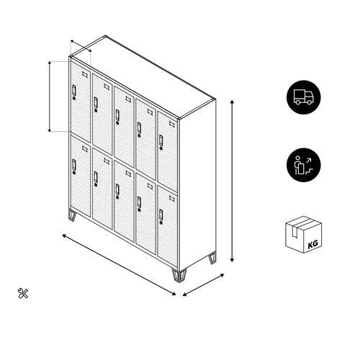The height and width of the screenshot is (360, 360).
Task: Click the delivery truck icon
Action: pos(304,97)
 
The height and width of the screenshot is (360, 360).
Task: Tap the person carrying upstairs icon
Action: pos(304,165)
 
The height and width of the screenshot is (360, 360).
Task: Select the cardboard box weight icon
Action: pos(304,235)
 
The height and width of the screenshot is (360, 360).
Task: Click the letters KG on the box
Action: pos(312,244)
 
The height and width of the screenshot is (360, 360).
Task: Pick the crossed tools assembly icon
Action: pos(23,293)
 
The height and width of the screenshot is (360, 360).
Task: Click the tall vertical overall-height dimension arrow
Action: pos(232,181)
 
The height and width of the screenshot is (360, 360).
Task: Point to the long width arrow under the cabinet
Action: pos(119,265)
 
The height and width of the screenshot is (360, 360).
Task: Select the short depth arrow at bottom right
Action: pos(203,285)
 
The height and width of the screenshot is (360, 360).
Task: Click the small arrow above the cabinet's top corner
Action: pos(81,46)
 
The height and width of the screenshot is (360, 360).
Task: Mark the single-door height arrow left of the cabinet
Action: pos(50,96)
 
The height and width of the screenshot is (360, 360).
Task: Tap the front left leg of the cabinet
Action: pos(72,215)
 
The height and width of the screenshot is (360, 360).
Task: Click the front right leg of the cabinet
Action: pos(179,276)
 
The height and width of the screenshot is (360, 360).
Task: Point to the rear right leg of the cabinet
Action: pos(212,258)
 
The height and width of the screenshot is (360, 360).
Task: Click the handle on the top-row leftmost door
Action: pos(74,90)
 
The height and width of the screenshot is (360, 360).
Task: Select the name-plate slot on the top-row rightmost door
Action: pos(172,124)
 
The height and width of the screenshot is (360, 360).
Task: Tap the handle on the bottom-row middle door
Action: pos(117,189)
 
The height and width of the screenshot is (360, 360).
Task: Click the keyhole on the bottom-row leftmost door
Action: pos(74,173)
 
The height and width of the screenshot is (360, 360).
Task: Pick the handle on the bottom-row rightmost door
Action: pos(161,215)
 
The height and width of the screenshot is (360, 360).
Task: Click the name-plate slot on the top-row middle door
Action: pos(128,99)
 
